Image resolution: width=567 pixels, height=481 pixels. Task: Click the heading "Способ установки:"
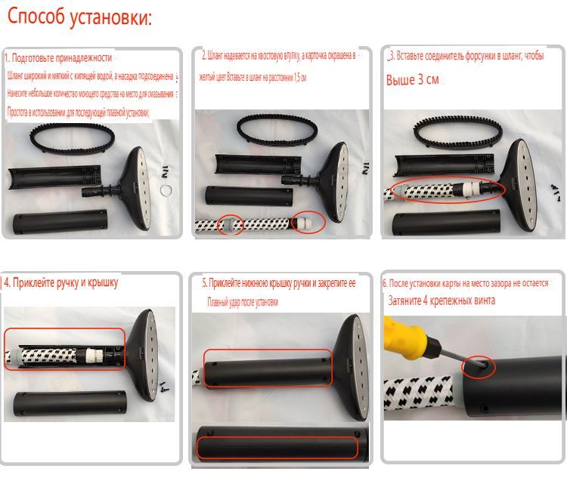tap(80, 18)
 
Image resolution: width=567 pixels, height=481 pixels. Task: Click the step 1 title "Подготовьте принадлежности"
tap(60, 58)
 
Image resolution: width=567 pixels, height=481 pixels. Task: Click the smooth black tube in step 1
tap(58, 224)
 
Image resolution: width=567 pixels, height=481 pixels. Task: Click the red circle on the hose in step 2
tap(231, 224)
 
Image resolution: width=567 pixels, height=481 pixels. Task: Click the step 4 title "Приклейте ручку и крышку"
tap(63, 284)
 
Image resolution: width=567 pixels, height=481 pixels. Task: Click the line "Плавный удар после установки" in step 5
tap(243, 302)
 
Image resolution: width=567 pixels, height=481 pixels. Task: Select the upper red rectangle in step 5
tap(268, 368)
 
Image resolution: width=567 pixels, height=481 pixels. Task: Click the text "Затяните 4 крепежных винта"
tap(441, 301)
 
